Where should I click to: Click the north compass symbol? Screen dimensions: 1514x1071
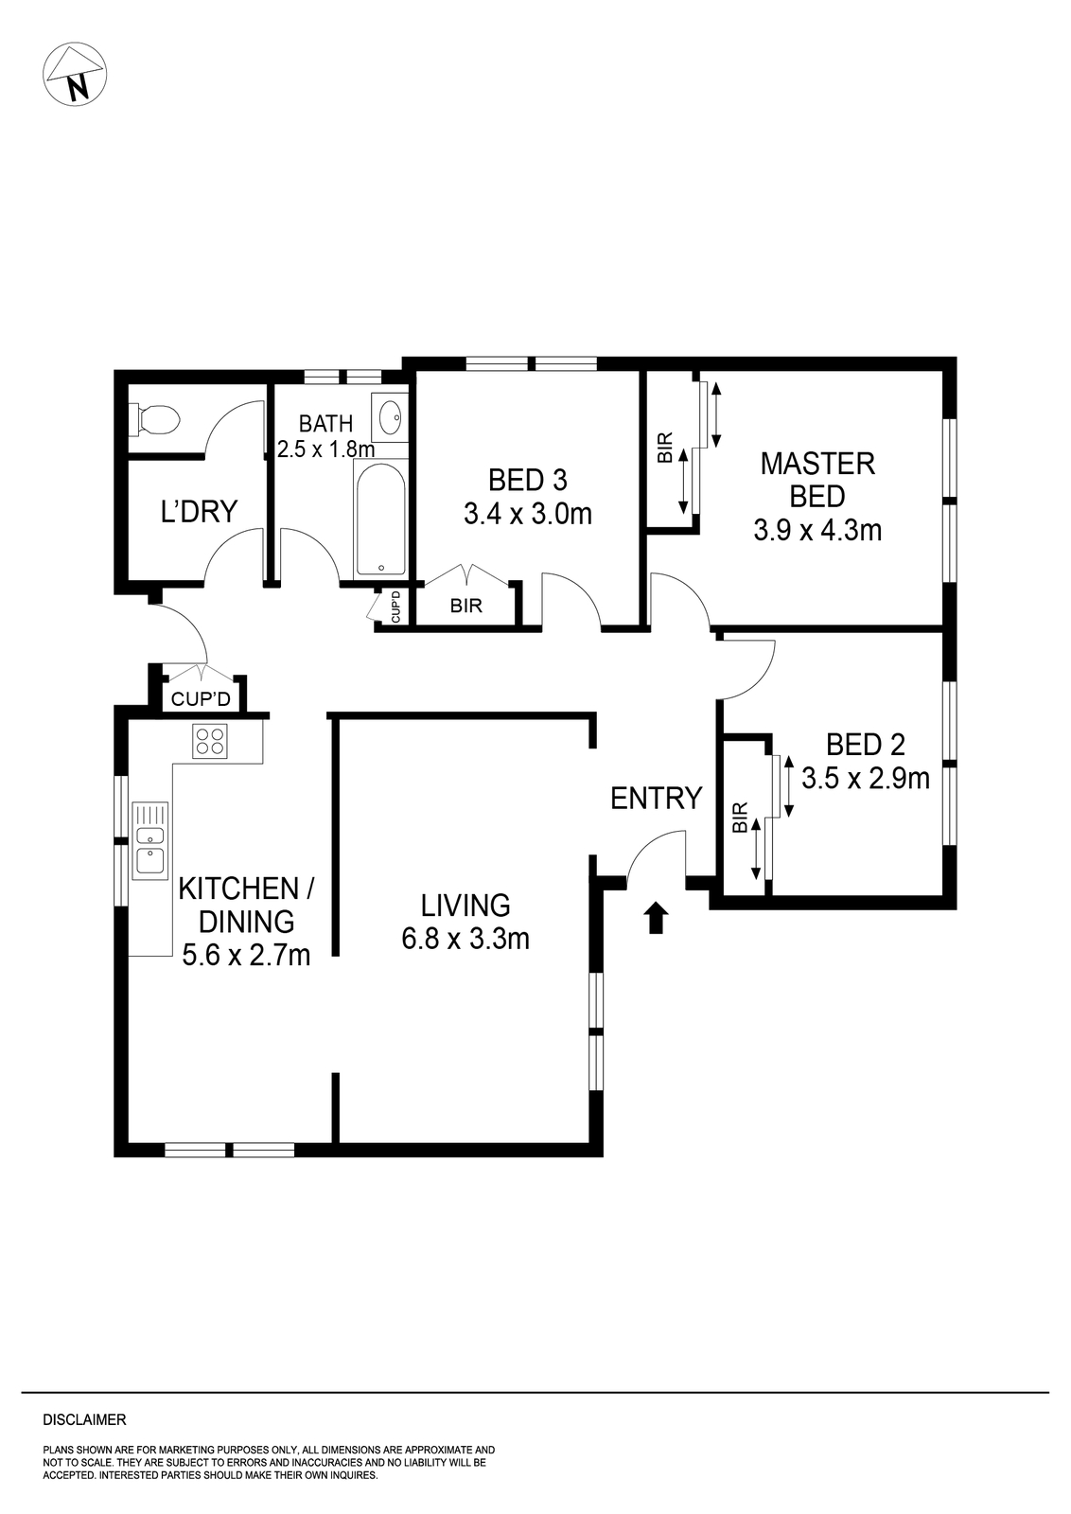click(x=75, y=74)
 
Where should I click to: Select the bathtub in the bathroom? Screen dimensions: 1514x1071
click(x=380, y=519)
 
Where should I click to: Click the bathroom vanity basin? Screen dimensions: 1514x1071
click(x=389, y=416)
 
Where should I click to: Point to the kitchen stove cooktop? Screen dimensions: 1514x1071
click(x=210, y=741)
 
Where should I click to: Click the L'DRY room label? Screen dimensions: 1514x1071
click(x=199, y=512)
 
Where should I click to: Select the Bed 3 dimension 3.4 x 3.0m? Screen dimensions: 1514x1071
click(x=527, y=514)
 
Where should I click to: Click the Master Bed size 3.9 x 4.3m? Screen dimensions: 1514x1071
click(x=817, y=530)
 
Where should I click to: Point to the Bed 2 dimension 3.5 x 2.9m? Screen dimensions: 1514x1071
click(x=865, y=778)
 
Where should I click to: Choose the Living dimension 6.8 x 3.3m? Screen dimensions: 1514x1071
click(x=465, y=939)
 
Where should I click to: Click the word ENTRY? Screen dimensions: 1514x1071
click(x=656, y=799)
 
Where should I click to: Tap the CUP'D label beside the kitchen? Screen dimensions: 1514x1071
click(x=201, y=699)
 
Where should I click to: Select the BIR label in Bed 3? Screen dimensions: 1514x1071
click(x=465, y=606)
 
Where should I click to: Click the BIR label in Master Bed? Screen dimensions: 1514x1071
click(x=665, y=447)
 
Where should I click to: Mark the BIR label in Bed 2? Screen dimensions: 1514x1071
click(x=740, y=817)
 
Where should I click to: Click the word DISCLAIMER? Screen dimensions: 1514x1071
click(x=84, y=1420)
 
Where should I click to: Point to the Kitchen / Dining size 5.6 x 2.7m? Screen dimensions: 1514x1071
click(x=246, y=955)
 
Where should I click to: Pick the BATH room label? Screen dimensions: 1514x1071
click(x=325, y=424)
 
